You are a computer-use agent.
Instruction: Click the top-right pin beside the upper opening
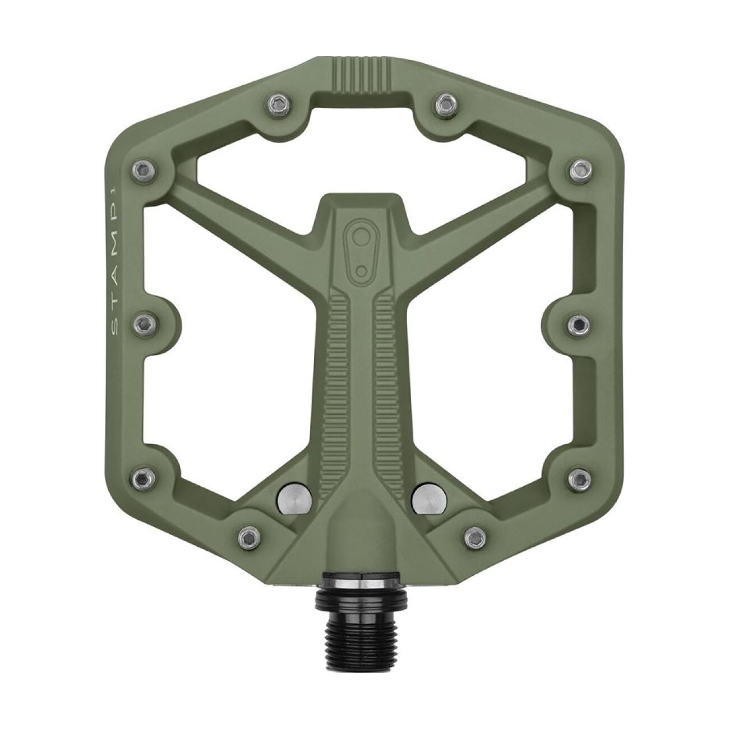[445, 103]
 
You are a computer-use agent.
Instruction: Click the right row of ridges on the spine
[387, 359]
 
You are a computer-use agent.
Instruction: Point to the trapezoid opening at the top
[362, 140]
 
